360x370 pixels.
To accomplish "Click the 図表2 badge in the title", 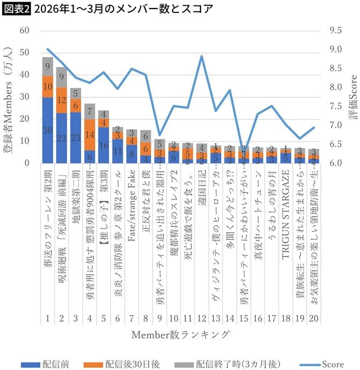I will coord(15,9).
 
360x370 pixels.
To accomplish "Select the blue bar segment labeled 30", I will coord(48,130).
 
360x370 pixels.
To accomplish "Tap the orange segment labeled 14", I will coord(90,134).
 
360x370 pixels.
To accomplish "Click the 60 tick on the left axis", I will coord(25,31).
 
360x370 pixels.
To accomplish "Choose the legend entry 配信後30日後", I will coord(133,364).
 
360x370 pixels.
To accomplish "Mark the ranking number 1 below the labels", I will coord(48,319).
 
